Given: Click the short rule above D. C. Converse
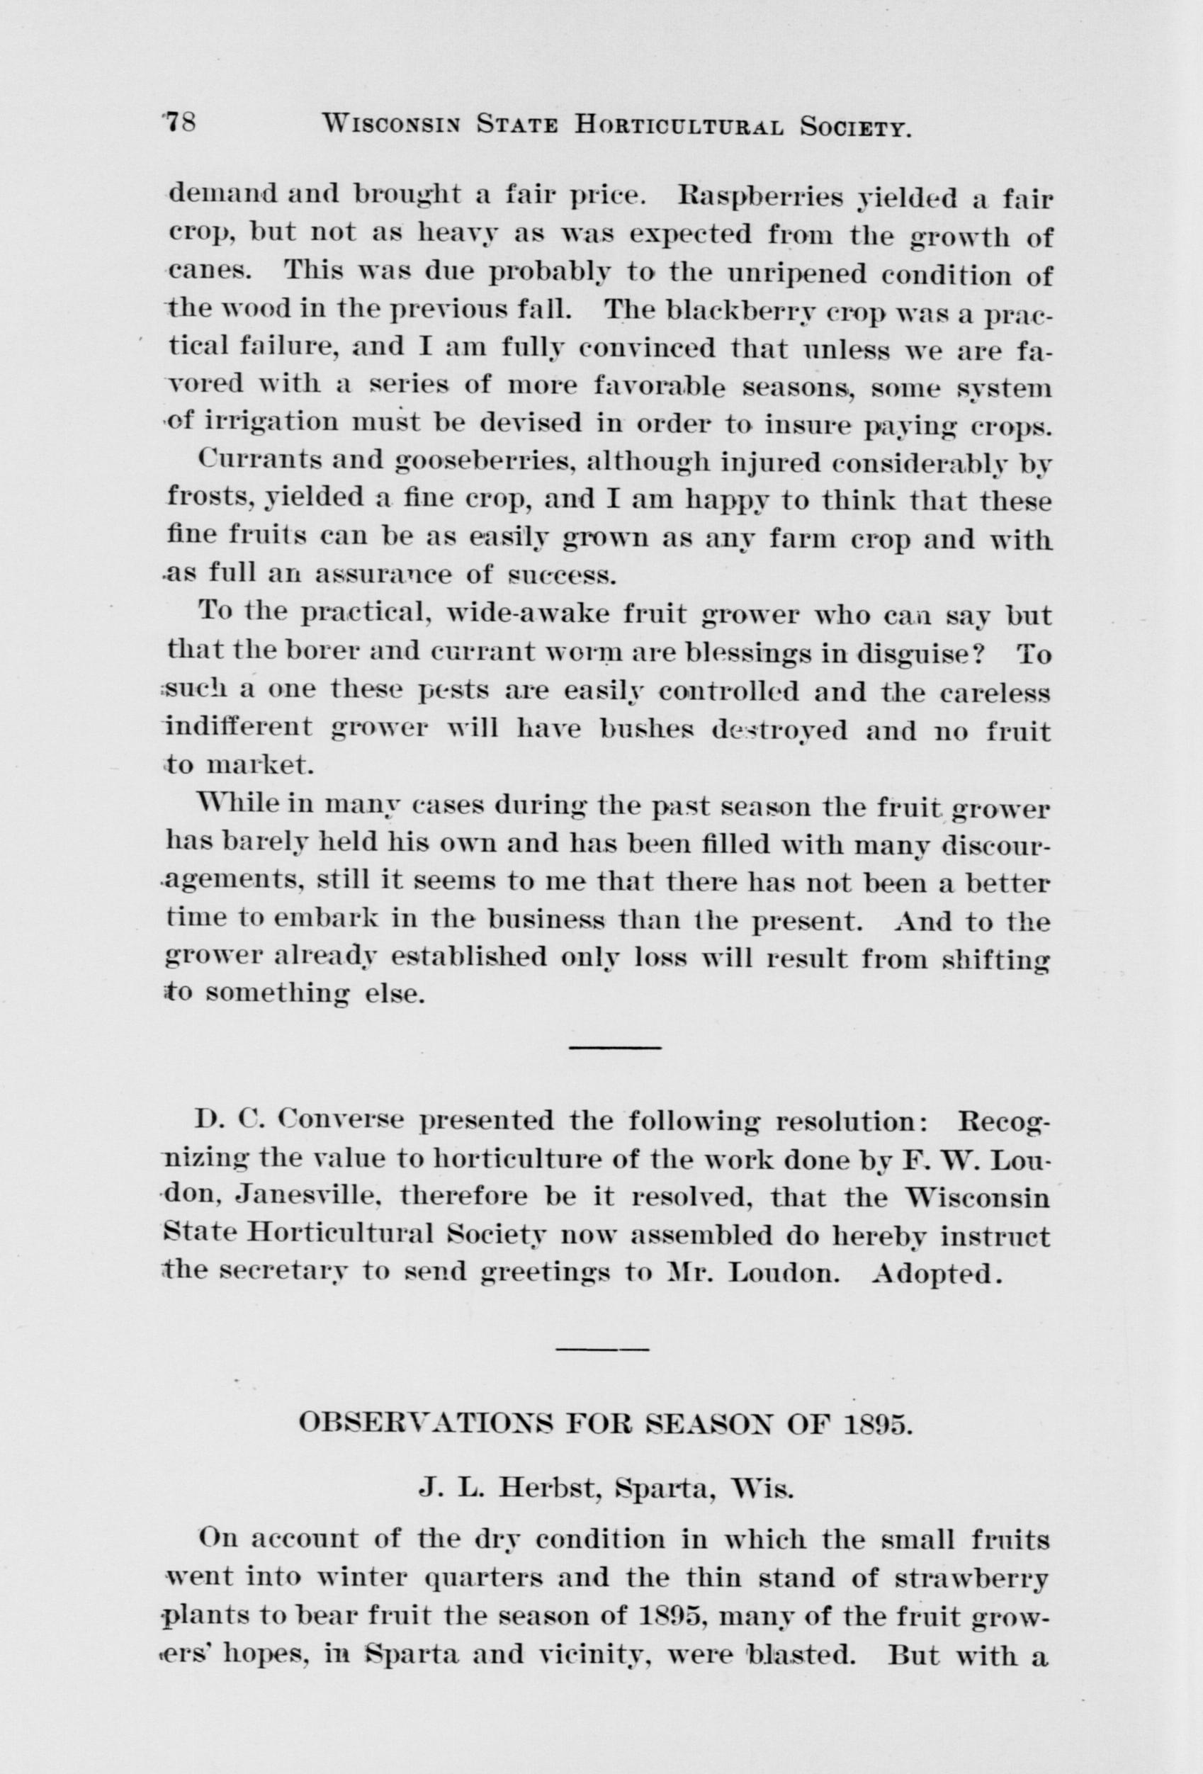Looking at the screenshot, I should (614, 1046).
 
